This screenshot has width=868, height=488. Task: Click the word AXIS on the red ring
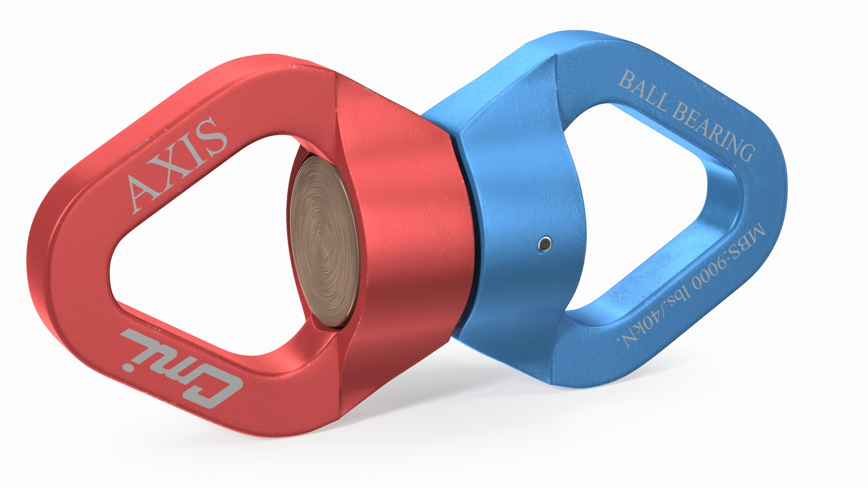click(176, 165)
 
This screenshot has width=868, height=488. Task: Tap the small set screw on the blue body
click(545, 244)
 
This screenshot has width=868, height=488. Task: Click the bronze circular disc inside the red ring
click(323, 239)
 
